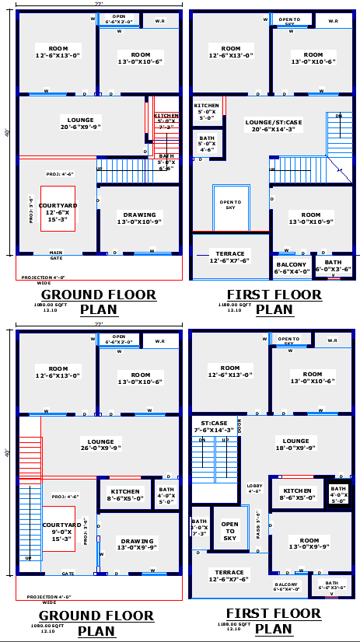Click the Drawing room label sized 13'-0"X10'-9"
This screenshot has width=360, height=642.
(x=139, y=218)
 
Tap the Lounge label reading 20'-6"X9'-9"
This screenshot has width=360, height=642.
(x=75, y=124)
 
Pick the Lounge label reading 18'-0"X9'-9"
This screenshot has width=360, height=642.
(x=295, y=445)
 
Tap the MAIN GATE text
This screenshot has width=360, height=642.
(x=56, y=254)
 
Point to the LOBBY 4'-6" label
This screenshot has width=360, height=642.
(x=254, y=488)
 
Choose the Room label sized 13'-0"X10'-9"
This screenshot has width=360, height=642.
(x=310, y=218)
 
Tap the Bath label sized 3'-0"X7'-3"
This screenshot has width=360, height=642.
(x=199, y=528)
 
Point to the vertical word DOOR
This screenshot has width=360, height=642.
(x=239, y=426)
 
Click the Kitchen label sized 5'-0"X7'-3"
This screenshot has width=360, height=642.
(x=166, y=121)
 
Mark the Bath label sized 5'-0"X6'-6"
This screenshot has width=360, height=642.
(x=166, y=161)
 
